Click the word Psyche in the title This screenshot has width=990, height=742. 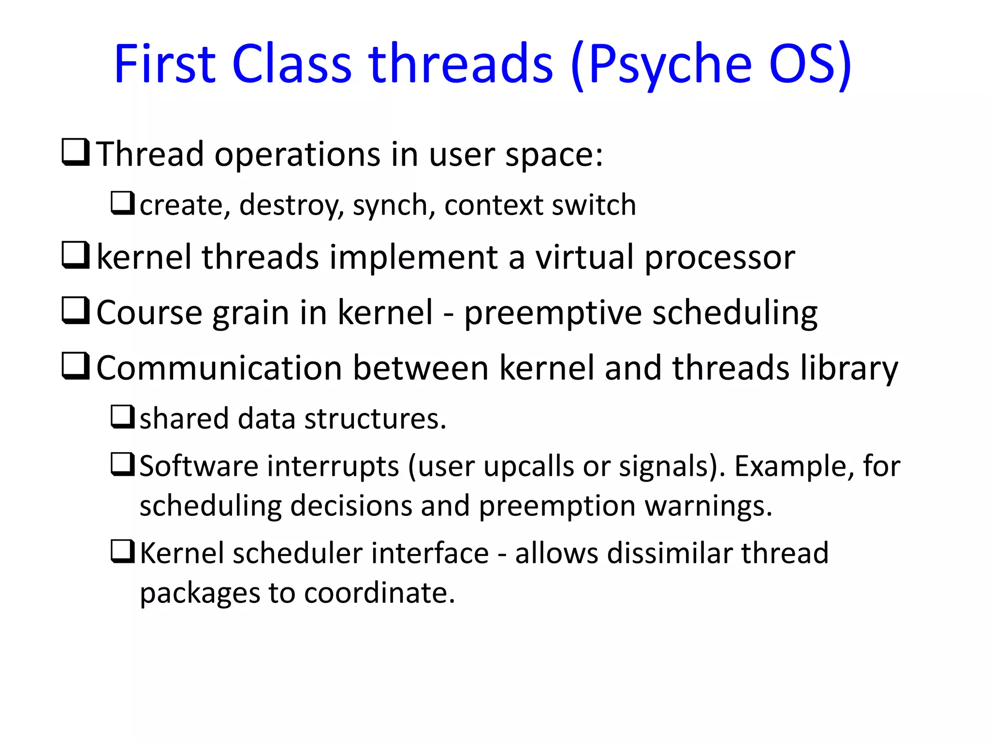click(x=670, y=65)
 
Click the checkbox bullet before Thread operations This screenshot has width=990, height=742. click(x=75, y=153)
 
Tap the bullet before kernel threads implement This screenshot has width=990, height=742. click(x=75, y=256)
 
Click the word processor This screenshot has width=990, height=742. click(x=720, y=257)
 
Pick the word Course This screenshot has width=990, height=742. click(x=149, y=313)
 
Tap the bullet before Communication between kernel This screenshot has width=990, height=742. click(x=75, y=366)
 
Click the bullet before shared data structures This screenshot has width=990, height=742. click(x=122, y=416)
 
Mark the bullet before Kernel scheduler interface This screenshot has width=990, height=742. click(x=122, y=551)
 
